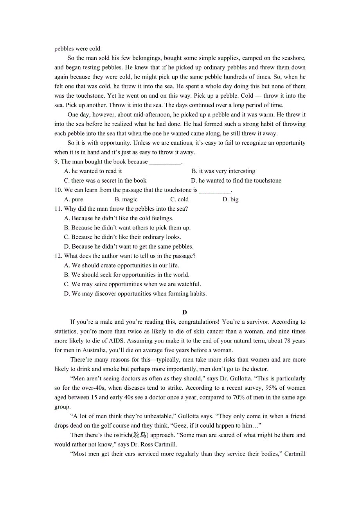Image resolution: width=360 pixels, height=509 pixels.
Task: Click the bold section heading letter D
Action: tap(185, 312)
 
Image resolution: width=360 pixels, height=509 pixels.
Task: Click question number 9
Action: tap(57, 162)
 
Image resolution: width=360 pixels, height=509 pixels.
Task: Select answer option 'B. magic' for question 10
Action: tap(126, 199)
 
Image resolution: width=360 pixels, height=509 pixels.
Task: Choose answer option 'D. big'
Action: tap(230, 199)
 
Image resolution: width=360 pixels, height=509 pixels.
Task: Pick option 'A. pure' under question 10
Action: tap(74, 199)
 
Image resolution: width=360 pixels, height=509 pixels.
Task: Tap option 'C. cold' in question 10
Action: tap(179, 199)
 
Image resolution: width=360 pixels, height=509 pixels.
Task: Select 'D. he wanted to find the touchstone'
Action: tap(236, 181)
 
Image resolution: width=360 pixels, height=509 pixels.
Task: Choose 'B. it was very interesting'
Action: tap(223, 171)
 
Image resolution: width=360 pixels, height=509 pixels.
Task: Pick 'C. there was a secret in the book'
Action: tap(105, 181)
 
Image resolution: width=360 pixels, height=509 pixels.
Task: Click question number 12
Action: tap(58, 256)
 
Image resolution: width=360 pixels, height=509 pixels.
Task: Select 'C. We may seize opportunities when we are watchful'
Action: tap(133, 284)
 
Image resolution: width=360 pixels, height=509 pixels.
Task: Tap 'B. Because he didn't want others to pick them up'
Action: tap(127, 228)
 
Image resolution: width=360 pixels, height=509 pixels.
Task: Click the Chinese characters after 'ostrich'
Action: tap(139, 435)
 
